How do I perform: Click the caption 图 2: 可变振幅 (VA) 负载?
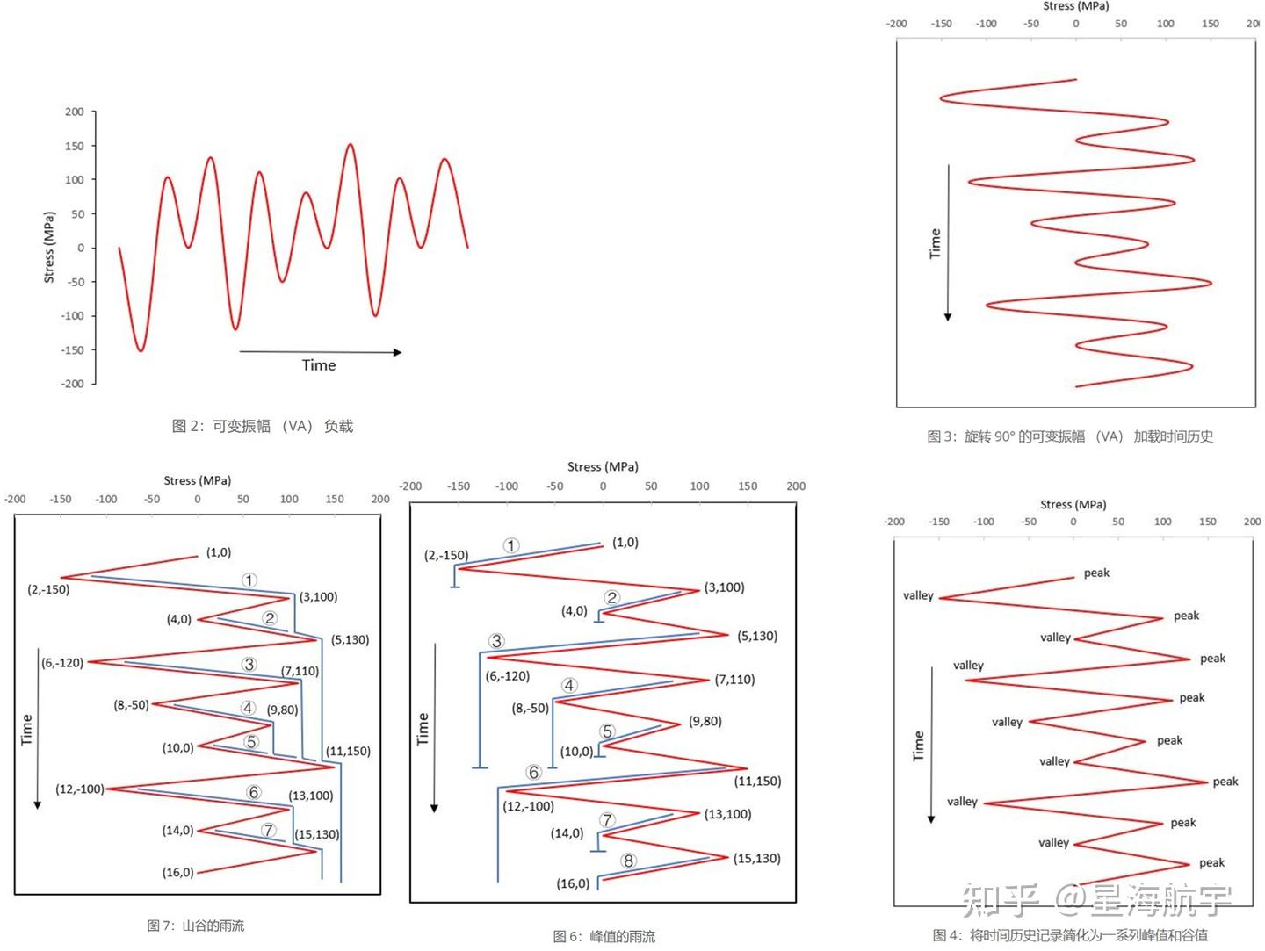[x=262, y=426]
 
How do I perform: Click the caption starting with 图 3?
[x=1069, y=436]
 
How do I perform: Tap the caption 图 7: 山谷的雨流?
[x=195, y=926]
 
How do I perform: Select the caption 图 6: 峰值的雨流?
[x=604, y=936]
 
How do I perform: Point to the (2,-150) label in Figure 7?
[x=48, y=589]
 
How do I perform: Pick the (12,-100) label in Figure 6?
[x=528, y=806]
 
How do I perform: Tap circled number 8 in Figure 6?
[x=628, y=861]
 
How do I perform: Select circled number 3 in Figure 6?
[x=496, y=641]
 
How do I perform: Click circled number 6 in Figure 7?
[x=254, y=792]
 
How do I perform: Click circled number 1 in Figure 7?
[x=249, y=580]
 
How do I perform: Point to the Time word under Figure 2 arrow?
[x=319, y=365]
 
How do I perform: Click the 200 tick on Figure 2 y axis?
[x=75, y=112]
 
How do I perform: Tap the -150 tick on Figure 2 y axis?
[x=73, y=349]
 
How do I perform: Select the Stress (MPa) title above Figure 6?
[x=603, y=466]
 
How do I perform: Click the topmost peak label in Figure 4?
[x=1096, y=573]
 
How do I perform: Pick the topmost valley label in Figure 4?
[x=918, y=595]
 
